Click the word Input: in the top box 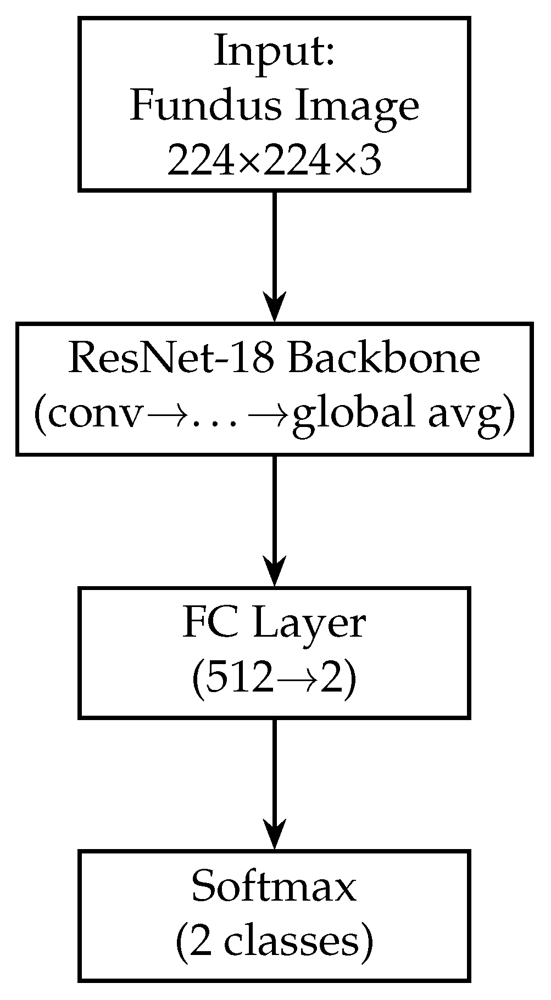tap(274, 50)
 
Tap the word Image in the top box tap(358, 107)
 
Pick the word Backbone tap(384, 359)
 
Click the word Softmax tap(274, 887)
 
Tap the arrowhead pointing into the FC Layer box tap(274, 572)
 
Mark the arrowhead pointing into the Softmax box tap(274, 835)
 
